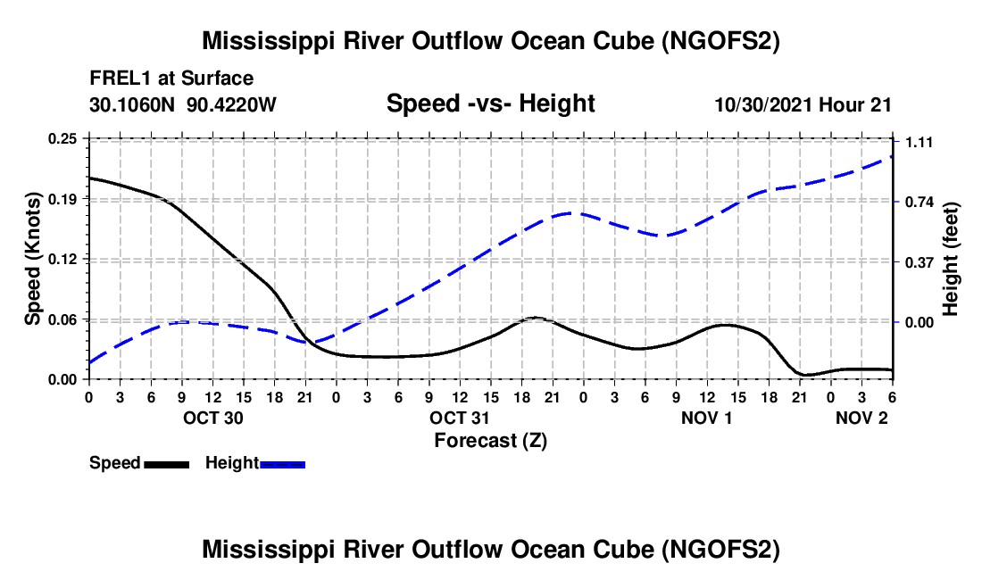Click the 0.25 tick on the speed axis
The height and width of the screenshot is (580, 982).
(x=64, y=138)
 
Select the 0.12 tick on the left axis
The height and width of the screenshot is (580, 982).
(x=64, y=259)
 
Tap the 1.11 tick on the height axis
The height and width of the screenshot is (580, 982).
(x=920, y=143)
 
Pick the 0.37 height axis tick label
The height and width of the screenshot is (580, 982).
(x=920, y=262)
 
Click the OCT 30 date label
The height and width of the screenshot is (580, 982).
(x=212, y=418)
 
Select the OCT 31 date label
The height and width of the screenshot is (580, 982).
(x=460, y=418)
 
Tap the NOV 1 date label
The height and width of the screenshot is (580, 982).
(x=705, y=418)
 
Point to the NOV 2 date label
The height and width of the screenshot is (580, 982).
(x=861, y=418)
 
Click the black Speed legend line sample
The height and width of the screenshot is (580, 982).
(x=166, y=464)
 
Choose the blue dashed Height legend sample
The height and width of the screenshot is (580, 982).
(x=283, y=464)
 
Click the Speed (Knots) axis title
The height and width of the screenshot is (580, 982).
(x=34, y=259)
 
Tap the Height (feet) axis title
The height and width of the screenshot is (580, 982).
(x=951, y=259)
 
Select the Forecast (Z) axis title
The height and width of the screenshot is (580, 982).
(x=490, y=440)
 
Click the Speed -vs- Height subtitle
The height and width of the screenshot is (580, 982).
(x=490, y=104)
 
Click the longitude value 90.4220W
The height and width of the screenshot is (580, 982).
(x=232, y=104)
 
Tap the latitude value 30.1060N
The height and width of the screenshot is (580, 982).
(x=133, y=104)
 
